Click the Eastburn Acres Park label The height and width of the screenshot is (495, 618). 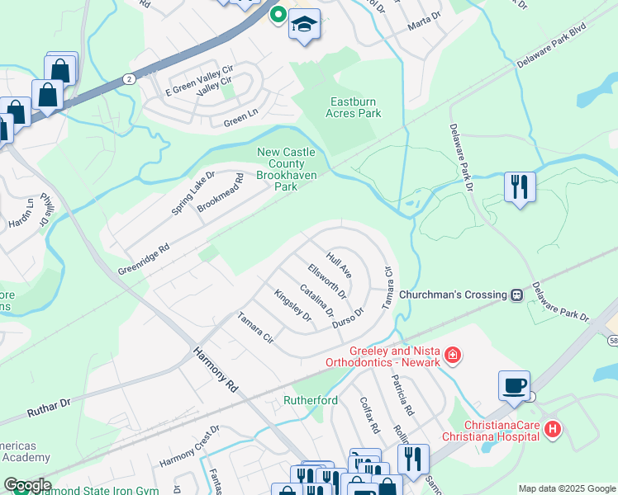(355, 107)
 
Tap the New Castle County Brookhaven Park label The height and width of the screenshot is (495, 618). (288, 169)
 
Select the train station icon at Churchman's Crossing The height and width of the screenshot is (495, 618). (517, 295)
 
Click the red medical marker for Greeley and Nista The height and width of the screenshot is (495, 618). (453, 356)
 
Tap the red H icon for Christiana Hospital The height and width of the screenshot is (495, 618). (554, 429)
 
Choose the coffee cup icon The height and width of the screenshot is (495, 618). (514, 385)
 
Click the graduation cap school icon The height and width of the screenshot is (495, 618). (304, 25)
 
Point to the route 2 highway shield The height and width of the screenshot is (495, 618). (130, 78)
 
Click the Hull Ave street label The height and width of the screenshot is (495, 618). (340, 265)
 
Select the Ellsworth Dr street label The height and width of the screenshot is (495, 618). (326, 280)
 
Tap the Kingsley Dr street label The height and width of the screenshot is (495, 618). (292, 305)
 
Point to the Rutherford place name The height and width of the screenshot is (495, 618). (311, 401)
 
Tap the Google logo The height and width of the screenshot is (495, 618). (27, 485)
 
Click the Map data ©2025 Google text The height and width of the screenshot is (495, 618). (566, 488)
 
